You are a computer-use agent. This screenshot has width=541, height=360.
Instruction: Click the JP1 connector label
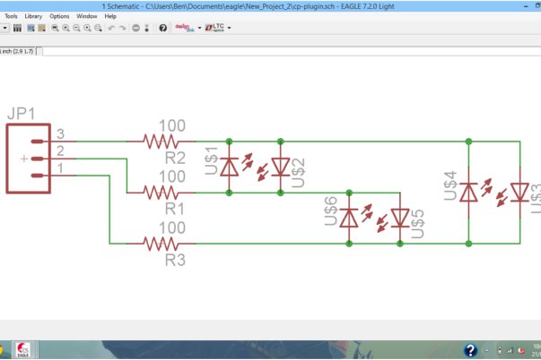(22, 115)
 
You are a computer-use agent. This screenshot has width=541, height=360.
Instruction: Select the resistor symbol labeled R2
(162, 141)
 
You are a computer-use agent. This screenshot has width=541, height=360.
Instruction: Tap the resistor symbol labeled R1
(162, 192)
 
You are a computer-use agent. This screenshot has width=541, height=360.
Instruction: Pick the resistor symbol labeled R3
(162, 243)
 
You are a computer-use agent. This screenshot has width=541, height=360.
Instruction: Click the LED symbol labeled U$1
(230, 167)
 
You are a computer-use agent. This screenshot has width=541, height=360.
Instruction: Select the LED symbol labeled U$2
(280, 167)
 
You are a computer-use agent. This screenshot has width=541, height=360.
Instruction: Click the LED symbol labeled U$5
(400, 217)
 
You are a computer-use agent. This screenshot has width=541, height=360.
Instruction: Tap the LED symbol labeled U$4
(468, 192)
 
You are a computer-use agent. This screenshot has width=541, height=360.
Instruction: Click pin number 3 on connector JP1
(60, 134)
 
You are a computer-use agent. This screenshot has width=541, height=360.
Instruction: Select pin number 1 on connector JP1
(60, 168)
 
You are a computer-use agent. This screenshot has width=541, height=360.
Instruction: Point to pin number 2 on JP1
(60, 151)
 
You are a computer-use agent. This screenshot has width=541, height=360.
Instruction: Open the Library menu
(33, 16)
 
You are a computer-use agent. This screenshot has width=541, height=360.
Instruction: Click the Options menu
(59, 16)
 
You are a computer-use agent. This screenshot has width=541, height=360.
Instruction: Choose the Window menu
(87, 16)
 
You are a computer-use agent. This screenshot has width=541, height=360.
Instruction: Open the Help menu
(110, 16)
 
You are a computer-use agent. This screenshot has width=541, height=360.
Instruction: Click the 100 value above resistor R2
(172, 126)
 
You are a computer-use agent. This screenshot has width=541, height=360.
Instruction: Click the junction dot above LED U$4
(468, 141)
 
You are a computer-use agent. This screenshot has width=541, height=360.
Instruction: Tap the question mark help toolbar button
(162, 28)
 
